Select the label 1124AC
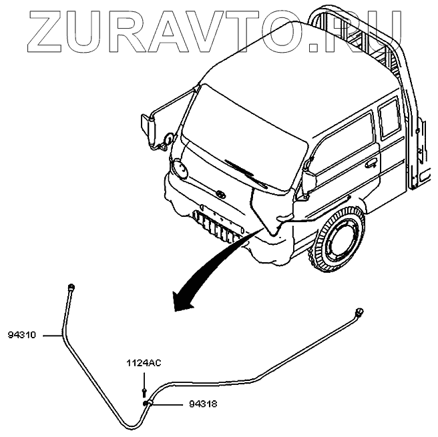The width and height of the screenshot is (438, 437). point(144,363)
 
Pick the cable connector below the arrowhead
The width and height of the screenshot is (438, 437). point(360,311)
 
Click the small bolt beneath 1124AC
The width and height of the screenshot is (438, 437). point(144,390)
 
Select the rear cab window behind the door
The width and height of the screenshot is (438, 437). point(389,120)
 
